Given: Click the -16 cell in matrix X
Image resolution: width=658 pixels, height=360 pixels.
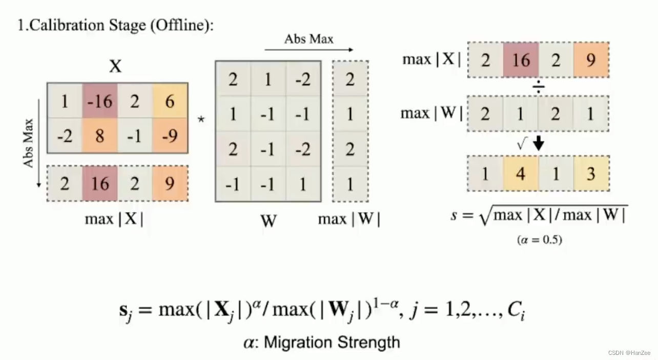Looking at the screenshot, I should point(100,101).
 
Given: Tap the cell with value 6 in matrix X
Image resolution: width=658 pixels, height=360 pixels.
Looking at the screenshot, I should point(170,101).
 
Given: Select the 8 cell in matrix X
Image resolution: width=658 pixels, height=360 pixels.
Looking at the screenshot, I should point(100,135).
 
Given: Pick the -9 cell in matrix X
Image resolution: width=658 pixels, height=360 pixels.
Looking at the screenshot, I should point(170,135).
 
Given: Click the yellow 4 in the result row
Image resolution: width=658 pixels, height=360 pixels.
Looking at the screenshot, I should point(521,173).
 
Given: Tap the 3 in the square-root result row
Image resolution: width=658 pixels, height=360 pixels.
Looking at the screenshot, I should point(591,173).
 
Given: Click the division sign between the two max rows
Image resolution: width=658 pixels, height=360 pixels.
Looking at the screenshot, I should point(538,87).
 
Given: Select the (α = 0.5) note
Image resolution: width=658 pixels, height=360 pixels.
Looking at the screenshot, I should point(539,239).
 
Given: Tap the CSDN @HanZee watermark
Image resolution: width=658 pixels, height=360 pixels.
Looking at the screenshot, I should point(629,353).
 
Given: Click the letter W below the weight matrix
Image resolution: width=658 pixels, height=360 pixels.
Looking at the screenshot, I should point(268,221).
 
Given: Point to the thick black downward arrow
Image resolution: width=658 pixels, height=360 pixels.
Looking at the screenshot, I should point(539,144).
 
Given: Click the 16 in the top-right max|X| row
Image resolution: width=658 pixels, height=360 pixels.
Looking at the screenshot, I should point(521,60).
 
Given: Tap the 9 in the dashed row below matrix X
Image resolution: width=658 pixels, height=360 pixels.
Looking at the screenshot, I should point(170,183).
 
